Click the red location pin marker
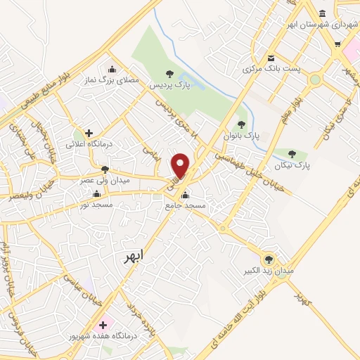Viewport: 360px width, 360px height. [181, 165]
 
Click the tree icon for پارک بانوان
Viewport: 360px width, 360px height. [242, 124]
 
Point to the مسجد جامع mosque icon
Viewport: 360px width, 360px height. [184, 195]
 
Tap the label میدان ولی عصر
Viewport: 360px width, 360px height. [104, 181]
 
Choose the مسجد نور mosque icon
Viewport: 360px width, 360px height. [96, 193]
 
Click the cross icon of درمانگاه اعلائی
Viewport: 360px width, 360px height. [89, 132]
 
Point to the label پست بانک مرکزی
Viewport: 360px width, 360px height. [266, 69]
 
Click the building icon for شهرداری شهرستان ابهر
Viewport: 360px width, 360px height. [322, 15]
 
